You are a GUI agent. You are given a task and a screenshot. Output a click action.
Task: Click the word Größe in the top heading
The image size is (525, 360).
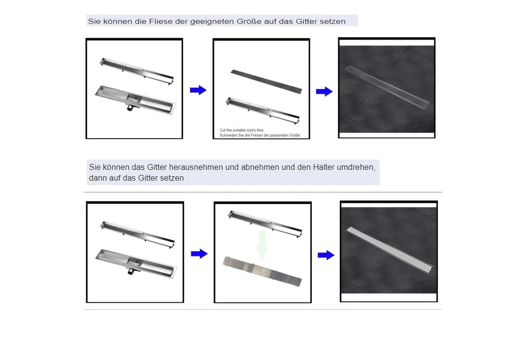(249, 21)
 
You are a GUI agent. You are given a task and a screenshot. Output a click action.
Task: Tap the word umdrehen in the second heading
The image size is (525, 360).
(356, 167)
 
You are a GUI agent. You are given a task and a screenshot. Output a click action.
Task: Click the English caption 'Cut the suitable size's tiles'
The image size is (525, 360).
(241, 130)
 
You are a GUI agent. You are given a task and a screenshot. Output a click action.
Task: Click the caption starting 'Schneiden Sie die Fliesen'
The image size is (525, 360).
(259, 135)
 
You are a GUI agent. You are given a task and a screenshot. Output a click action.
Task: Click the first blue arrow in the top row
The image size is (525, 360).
(198, 90)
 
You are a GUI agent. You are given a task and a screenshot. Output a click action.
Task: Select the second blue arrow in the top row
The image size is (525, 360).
(324, 91)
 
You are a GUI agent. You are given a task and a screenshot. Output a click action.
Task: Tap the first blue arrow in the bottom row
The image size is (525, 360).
(199, 253)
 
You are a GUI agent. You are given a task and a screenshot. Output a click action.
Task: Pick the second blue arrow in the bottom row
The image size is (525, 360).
(326, 255)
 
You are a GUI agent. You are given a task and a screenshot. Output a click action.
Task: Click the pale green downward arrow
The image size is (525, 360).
(262, 245)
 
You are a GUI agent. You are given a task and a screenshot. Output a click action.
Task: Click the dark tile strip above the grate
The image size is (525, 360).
(266, 82)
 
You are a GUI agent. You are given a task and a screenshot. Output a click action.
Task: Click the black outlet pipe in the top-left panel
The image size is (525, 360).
(130, 108)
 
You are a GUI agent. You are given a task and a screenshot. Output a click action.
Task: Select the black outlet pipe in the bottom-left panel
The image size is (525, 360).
(131, 271)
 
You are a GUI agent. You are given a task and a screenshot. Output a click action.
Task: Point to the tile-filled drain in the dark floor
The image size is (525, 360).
(387, 88)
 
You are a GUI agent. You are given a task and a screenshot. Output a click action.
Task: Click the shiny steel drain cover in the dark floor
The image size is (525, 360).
(390, 250)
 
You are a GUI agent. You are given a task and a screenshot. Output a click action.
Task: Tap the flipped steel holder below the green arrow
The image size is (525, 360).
(262, 271)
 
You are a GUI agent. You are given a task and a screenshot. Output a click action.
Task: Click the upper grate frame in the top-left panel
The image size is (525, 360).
(137, 71)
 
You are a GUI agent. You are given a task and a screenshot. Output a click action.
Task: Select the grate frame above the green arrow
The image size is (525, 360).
(265, 224)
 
